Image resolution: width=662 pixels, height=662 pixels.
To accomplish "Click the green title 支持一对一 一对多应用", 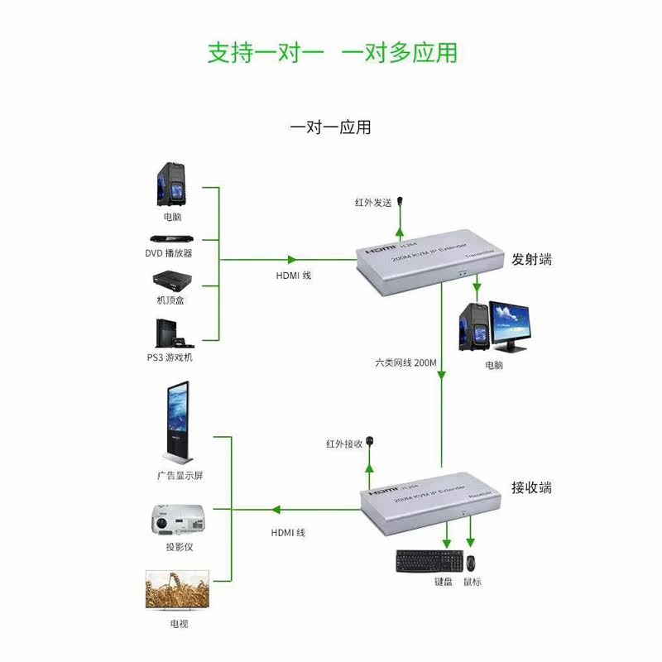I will click(x=331, y=53).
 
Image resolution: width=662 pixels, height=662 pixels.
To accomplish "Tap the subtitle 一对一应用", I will click(x=330, y=127).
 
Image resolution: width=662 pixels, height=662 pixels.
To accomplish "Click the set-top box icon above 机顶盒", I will click(x=170, y=280).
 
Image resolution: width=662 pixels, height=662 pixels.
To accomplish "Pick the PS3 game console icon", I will click(x=170, y=333).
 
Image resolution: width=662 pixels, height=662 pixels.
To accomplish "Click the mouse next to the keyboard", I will click(x=471, y=563).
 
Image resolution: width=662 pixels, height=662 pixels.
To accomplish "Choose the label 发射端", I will click(x=531, y=260).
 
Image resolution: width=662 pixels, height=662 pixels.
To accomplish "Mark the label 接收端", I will click(x=531, y=487).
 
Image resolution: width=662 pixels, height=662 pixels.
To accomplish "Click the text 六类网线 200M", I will click(x=404, y=363).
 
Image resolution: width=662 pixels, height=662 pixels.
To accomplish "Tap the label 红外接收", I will click(x=344, y=444).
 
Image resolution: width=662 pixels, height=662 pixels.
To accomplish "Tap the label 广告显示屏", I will click(x=180, y=476).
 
